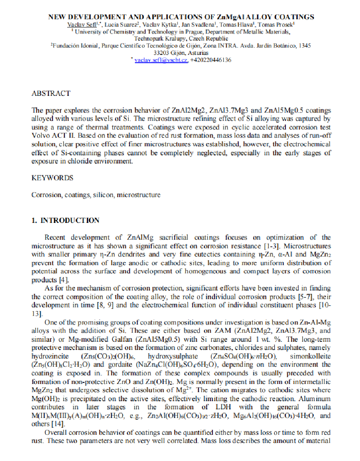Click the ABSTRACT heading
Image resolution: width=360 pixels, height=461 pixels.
point(51,93)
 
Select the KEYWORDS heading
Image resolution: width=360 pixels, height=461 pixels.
point(52,178)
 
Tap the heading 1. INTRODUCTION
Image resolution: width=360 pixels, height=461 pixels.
point(66,220)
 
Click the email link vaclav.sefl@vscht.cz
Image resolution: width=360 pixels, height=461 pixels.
point(161,60)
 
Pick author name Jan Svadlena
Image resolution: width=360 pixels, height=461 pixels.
point(198,25)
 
